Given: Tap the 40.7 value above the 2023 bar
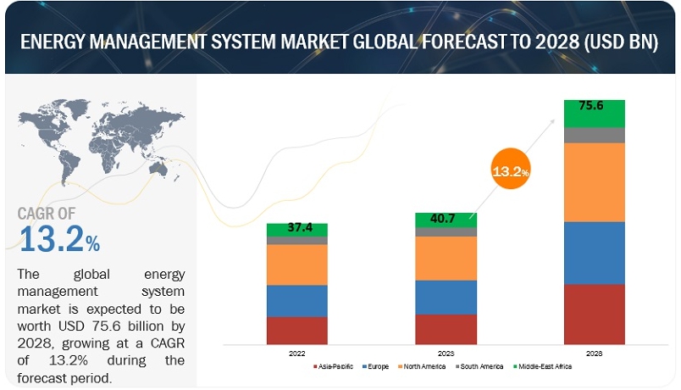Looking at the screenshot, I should [x=445, y=219].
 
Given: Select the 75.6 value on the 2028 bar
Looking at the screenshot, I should [x=595, y=106].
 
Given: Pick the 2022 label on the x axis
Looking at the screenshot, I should [x=296, y=352].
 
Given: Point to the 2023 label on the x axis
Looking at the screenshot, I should [x=446, y=352].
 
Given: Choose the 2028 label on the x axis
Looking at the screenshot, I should [x=595, y=352].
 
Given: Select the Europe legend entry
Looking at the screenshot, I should [x=378, y=366].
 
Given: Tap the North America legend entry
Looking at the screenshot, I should [x=426, y=366].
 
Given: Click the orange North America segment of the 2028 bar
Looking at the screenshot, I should [x=595, y=182].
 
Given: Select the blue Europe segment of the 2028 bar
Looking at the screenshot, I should [x=595, y=253].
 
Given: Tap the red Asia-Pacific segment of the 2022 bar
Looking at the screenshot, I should [x=296, y=330].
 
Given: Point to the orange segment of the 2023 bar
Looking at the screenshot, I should [x=446, y=258].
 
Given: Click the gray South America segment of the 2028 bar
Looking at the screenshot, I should [x=595, y=135].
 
